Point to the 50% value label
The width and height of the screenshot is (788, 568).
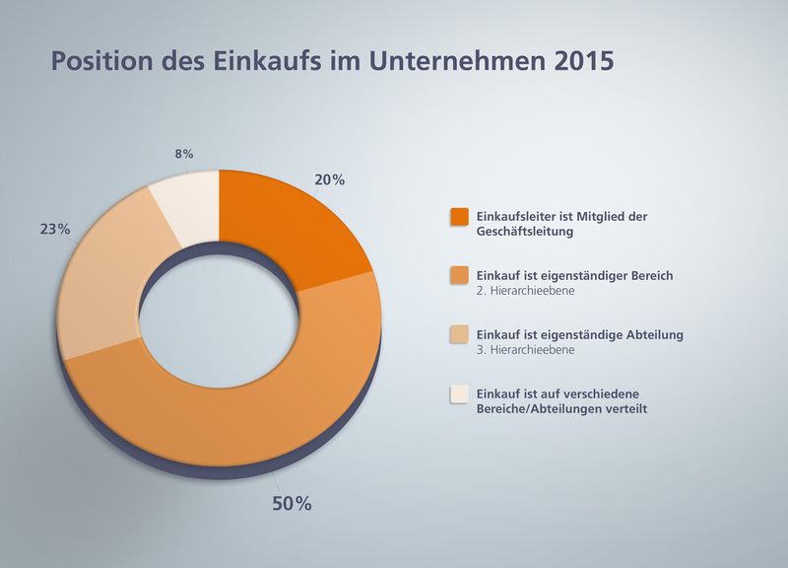[291, 504]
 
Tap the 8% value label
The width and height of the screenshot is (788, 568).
[183, 154]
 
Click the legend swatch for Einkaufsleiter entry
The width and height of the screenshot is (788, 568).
[458, 217]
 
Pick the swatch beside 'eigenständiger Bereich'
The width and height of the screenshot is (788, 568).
[458, 276]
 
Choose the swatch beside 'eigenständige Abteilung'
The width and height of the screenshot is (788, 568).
[458, 335]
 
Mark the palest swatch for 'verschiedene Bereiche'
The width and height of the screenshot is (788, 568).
[458, 394]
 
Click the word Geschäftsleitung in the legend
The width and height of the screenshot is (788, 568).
[523, 232]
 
